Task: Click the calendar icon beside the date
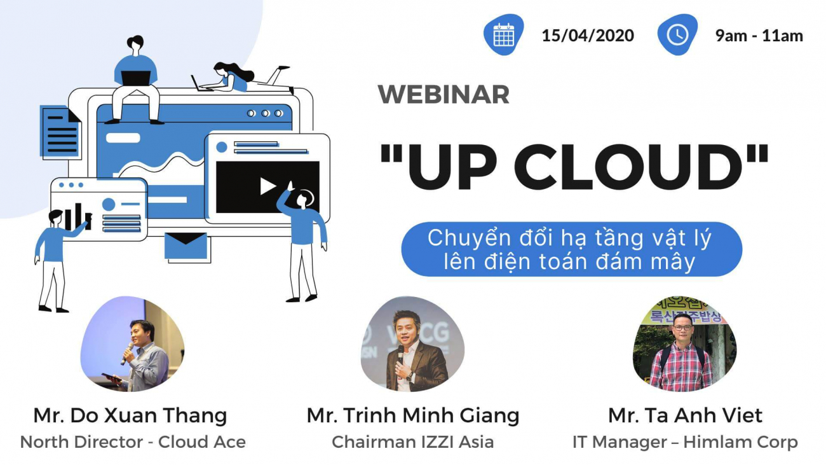(x=504, y=34)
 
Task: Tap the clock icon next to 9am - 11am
(x=677, y=34)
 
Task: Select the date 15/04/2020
(x=588, y=36)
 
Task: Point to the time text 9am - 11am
(x=759, y=36)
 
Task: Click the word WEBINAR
(x=443, y=95)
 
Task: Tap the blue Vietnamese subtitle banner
(x=571, y=249)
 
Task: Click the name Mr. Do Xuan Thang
(x=130, y=416)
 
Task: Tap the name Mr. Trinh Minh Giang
(x=413, y=416)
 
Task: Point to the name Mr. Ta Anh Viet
(x=685, y=416)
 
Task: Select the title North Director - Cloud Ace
(x=133, y=442)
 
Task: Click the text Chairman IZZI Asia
(x=413, y=442)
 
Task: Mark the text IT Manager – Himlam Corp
(x=685, y=442)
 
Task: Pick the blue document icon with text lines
(x=60, y=131)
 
